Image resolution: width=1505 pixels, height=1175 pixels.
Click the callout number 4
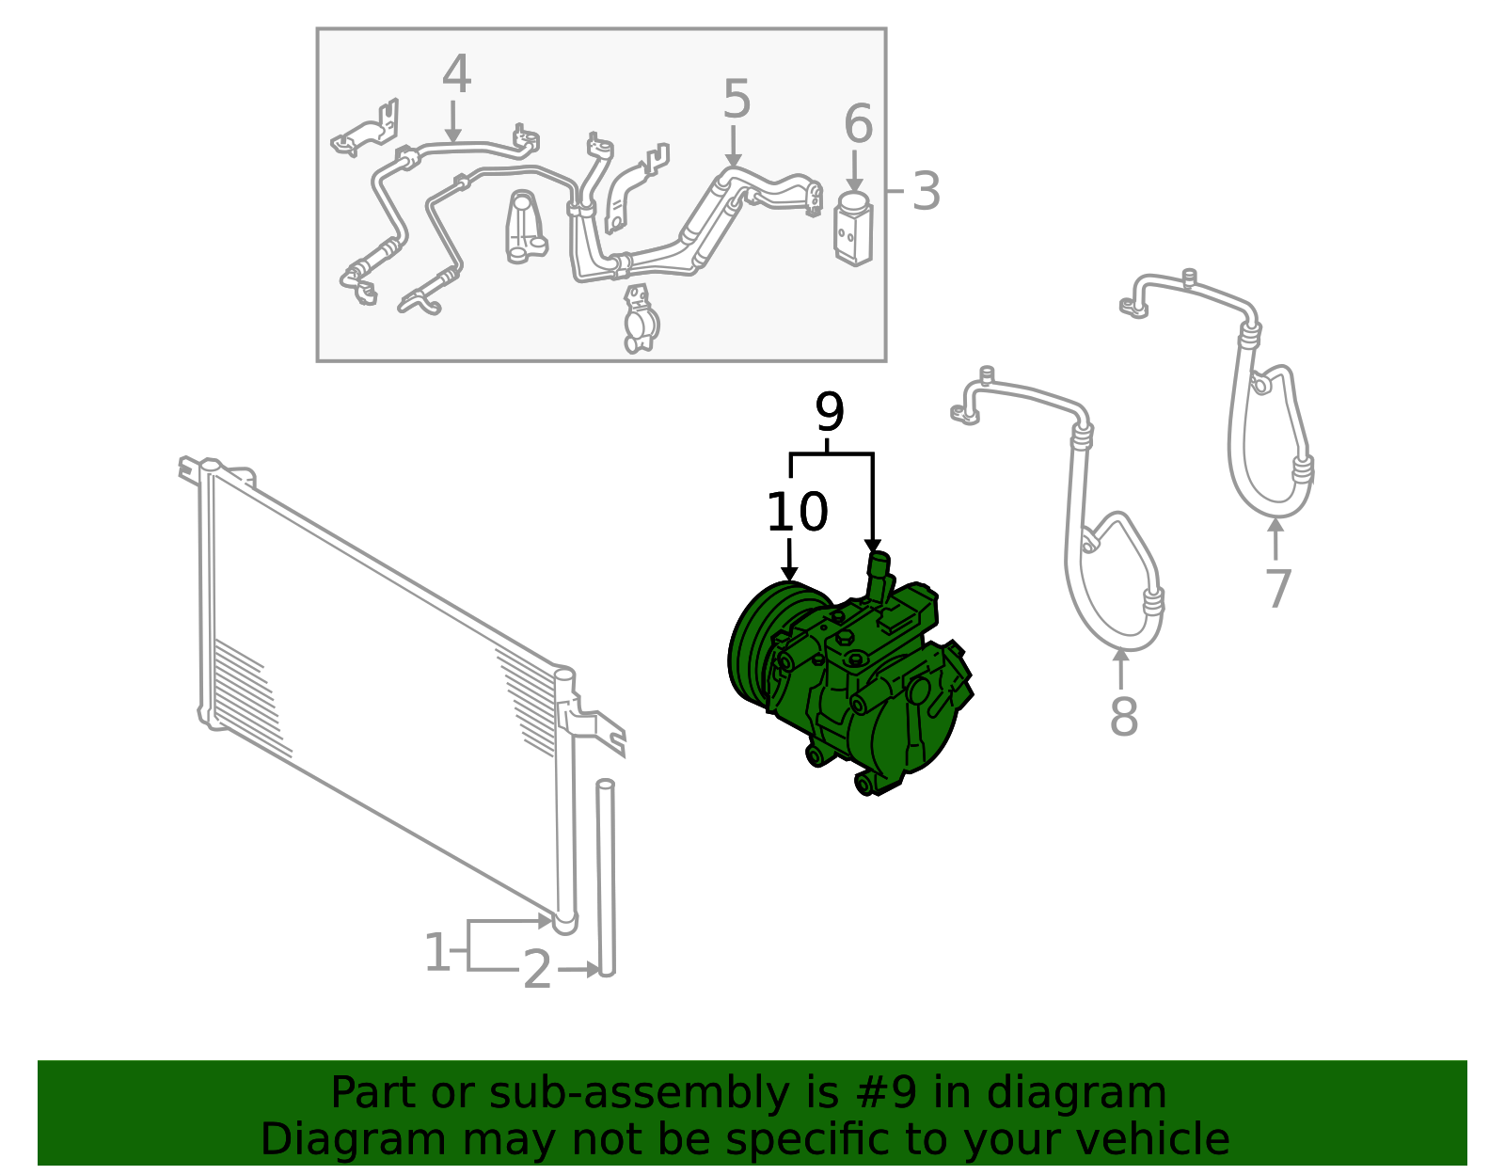(x=456, y=74)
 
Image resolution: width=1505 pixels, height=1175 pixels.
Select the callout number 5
(x=737, y=99)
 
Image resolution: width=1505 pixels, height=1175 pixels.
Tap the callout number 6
(x=858, y=124)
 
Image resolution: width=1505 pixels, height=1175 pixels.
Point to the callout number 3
(x=926, y=191)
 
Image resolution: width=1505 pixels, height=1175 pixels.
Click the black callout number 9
(x=830, y=412)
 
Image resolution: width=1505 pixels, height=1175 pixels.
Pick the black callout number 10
(x=797, y=512)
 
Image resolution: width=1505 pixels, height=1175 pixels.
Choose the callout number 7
(x=1278, y=589)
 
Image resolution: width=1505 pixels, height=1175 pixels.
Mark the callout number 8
(x=1123, y=717)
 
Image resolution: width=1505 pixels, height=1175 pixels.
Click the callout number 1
(x=436, y=952)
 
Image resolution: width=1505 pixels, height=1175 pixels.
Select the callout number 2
(x=537, y=969)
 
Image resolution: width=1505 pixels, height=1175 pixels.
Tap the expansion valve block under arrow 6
(x=852, y=230)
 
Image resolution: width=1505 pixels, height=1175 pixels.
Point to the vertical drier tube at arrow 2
(x=606, y=878)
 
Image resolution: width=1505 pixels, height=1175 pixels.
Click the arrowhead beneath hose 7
(x=1275, y=525)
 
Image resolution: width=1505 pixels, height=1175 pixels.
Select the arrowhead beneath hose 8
(x=1120, y=655)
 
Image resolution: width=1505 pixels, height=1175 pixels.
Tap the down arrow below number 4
(x=453, y=122)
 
